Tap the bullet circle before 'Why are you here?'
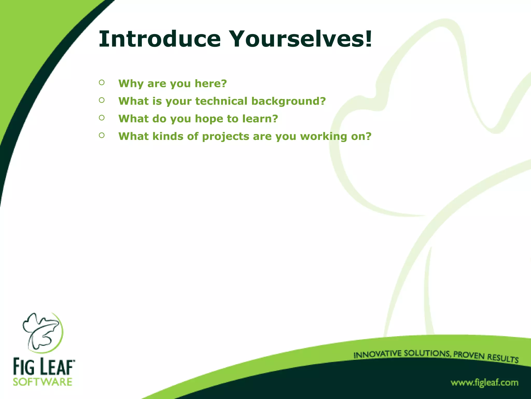[102, 83]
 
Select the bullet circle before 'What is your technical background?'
[102, 100]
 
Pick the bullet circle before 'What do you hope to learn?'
[102, 118]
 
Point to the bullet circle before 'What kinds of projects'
[102, 135]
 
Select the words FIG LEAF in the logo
[44, 367]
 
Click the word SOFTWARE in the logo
[43, 382]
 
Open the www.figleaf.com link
[484, 383]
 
